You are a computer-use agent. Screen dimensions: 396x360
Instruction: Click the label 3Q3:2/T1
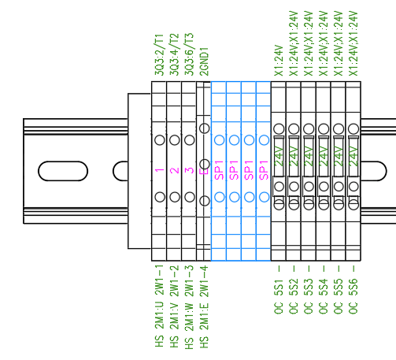pyautogui.click(x=159, y=54)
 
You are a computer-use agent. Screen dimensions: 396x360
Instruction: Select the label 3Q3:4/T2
pyautogui.click(x=174, y=54)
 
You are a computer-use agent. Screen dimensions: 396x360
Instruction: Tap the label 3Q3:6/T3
pyautogui.click(x=189, y=54)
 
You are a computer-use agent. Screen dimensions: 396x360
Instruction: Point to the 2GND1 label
pyautogui.click(x=204, y=61)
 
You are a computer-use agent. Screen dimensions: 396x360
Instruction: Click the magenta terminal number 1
pyautogui.click(x=160, y=170)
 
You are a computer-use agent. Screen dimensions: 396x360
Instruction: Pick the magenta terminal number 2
pyautogui.click(x=175, y=170)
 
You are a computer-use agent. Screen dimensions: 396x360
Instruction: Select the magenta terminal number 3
pyautogui.click(x=190, y=170)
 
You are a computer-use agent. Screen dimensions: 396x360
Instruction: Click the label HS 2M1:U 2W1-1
pyautogui.click(x=159, y=306)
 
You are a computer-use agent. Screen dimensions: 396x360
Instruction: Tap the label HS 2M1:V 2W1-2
pyautogui.click(x=174, y=306)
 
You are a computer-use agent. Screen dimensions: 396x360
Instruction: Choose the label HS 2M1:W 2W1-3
pyautogui.click(x=189, y=307)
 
